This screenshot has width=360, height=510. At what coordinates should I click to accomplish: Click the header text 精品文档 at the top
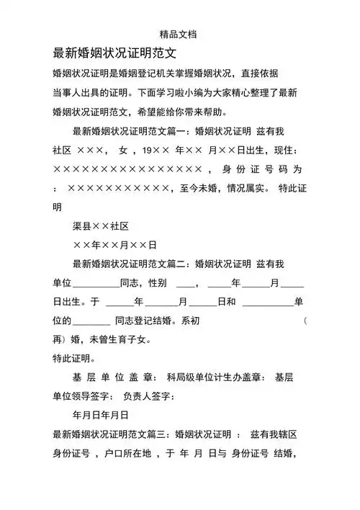pyautogui.click(x=179, y=33)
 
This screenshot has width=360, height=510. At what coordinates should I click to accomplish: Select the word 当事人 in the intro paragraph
pyautogui.click(x=68, y=93)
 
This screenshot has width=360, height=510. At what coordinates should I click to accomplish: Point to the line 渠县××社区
pyautogui.click(x=100, y=227)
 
